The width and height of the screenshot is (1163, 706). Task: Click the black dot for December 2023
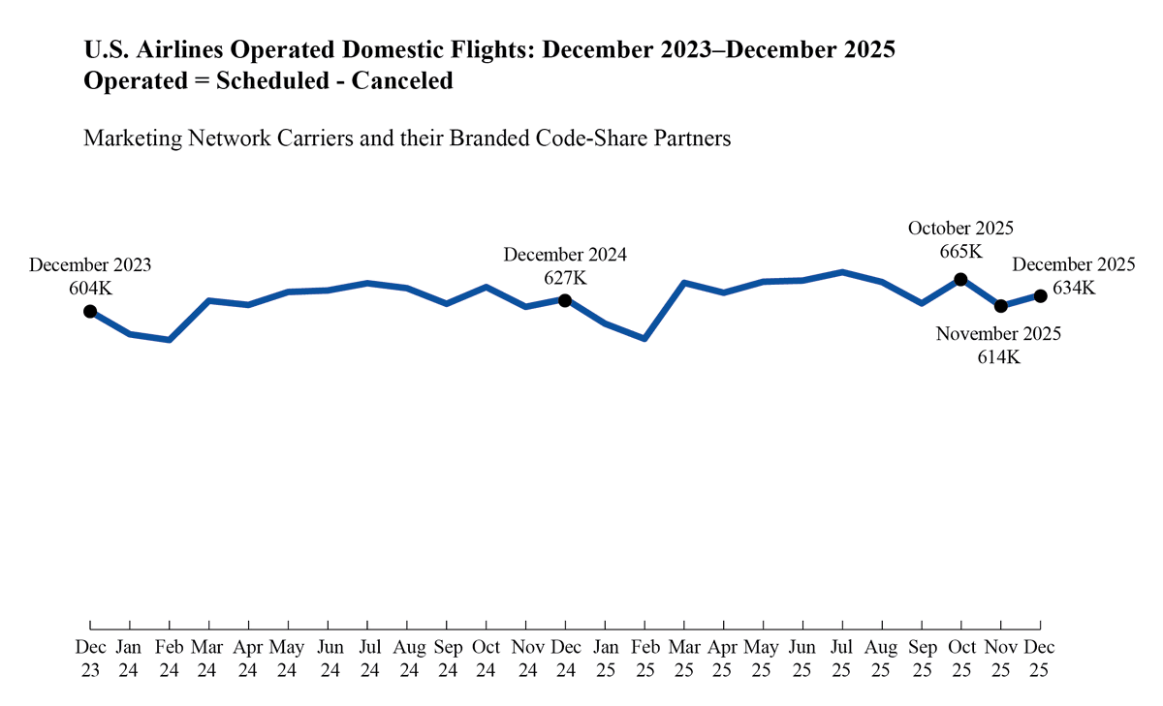tap(90, 311)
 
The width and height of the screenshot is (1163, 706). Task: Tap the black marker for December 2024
tap(565, 299)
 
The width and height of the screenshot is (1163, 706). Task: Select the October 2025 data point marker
tap(960, 279)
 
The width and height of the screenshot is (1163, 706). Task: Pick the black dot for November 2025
tap(1000, 306)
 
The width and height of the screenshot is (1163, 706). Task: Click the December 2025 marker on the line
tap(1040, 295)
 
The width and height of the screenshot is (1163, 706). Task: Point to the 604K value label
tap(90, 288)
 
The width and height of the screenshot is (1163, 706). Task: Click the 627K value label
tap(565, 278)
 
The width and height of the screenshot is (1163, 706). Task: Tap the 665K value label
tap(960, 252)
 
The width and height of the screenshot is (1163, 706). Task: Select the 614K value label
tap(998, 356)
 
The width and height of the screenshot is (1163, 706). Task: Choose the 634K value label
tap(1073, 288)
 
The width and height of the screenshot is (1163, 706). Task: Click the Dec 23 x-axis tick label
tap(90, 657)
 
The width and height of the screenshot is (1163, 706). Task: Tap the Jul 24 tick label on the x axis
tap(367, 657)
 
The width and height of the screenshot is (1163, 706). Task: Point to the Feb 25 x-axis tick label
tap(644, 657)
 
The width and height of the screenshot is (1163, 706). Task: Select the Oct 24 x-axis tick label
tap(486, 657)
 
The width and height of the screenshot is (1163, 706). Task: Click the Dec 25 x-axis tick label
tap(1040, 657)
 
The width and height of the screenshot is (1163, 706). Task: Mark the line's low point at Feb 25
tap(644, 338)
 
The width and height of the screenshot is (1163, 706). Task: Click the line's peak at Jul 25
tap(842, 272)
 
